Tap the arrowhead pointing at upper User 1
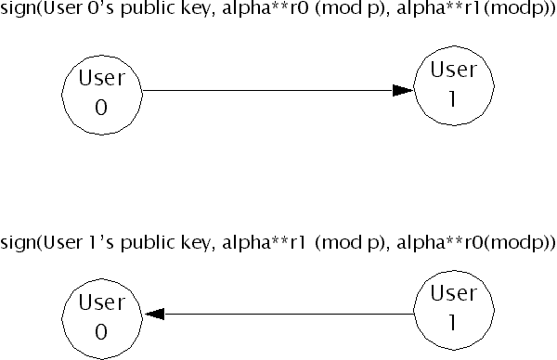(x=403, y=90)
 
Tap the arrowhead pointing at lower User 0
(x=154, y=314)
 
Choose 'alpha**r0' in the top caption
(x=266, y=7)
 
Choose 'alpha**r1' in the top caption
(x=439, y=7)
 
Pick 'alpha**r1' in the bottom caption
(x=264, y=242)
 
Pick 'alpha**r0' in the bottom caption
(x=439, y=242)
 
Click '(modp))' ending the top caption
(x=519, y=8)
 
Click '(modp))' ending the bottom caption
(x=519, y=243)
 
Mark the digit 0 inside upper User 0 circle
(x=101, y=108)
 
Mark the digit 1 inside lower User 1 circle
(x=453, y=322)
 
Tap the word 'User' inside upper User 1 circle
(x=454, y=70)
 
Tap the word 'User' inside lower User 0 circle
(x=102, y=302)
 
